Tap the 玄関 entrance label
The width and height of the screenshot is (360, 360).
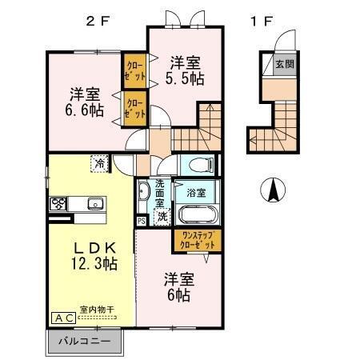285,63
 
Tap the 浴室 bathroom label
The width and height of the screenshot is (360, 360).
197,193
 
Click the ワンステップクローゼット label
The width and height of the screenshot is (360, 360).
196,240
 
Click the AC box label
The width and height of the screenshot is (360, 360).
64,318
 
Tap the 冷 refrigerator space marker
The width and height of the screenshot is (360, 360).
100,163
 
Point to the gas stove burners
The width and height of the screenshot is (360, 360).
60,202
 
